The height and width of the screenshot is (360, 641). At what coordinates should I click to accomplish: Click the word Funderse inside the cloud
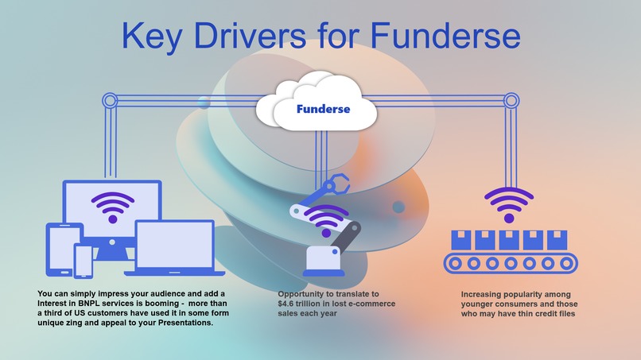click(323, 109)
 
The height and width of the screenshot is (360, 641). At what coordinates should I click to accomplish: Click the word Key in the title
click(152, 36)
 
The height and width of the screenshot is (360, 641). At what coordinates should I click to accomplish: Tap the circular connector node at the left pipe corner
click(110, 100)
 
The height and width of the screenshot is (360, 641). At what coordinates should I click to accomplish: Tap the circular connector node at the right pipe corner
click(511, 100)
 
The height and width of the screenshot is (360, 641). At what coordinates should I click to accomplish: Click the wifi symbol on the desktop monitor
click(113, 207)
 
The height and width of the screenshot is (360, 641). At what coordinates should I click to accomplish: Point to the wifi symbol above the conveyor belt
click(509, 205)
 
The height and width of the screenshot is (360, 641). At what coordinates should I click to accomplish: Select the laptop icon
click(174, 249)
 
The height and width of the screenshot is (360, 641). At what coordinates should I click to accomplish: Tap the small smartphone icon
click(83, 261)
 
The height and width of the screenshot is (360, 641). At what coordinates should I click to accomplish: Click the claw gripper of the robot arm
click(338, 184)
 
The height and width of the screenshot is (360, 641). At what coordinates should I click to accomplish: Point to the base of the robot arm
click(324, 261)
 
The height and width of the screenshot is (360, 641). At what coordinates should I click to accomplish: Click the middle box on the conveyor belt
click(509, 240)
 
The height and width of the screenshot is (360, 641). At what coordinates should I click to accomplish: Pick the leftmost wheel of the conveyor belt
click(455, 264)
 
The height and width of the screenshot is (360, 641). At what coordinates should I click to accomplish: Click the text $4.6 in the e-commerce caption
click(286, 304)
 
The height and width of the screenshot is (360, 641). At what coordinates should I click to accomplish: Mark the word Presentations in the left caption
click(185, 323)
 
